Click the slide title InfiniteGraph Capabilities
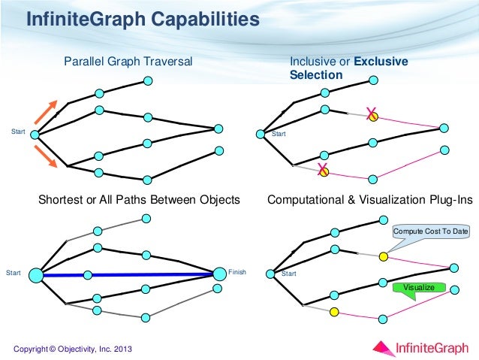point(143,20)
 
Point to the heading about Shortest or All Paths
point(139,200)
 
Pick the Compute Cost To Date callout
point(430,231)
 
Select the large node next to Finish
point(218,274)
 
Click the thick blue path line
point(150,275)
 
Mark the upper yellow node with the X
point(373,117)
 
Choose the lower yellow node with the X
point(324,171)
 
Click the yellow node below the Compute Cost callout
point(383,257)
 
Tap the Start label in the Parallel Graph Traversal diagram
point(17,132)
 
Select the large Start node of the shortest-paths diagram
point(35,276)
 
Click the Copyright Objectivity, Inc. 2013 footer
point(72,346)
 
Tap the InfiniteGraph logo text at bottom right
point(432,346)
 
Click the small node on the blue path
point(88,275)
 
